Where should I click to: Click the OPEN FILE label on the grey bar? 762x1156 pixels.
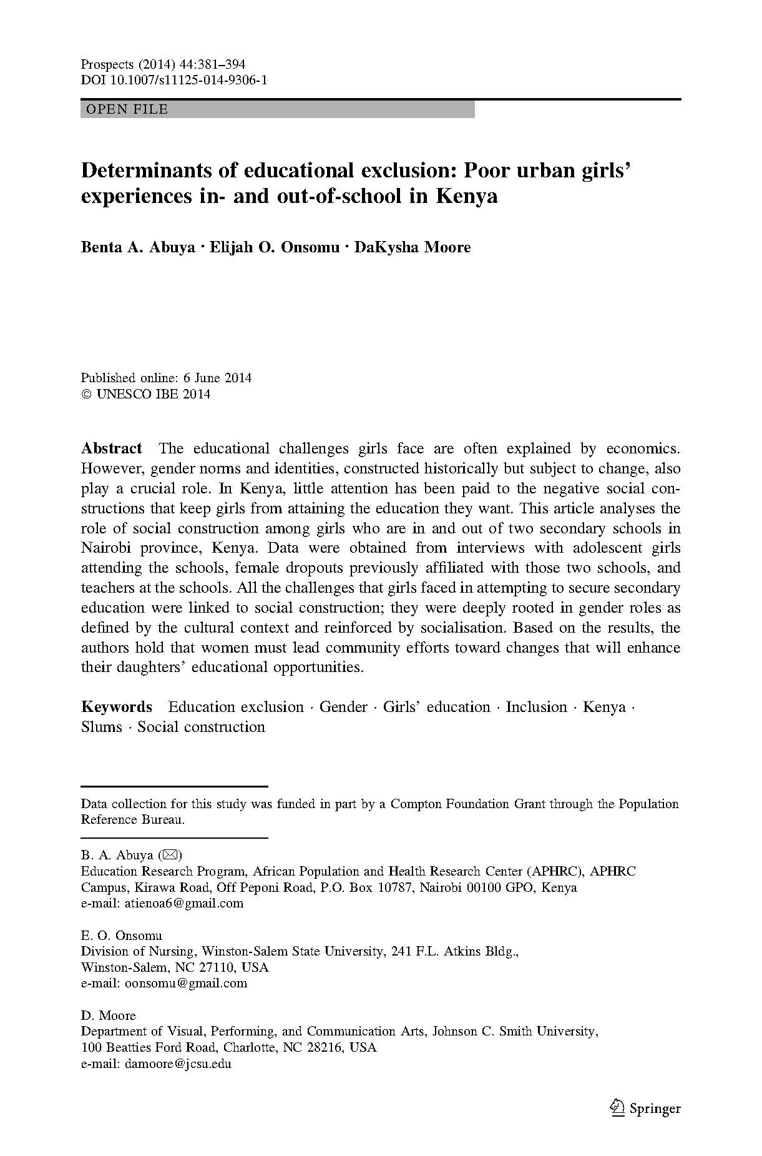coord(127,109)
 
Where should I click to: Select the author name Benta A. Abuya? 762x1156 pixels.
coord(138,247)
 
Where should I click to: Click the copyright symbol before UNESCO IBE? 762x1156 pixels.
coord(86,394)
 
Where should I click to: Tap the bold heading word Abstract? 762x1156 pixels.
coord(112,448)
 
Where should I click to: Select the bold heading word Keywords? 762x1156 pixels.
coord(117,707)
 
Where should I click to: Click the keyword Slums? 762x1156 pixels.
coord(102,727)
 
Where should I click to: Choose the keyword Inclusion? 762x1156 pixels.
coord(536,707)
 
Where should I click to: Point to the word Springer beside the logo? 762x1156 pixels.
coord(655,1109)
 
